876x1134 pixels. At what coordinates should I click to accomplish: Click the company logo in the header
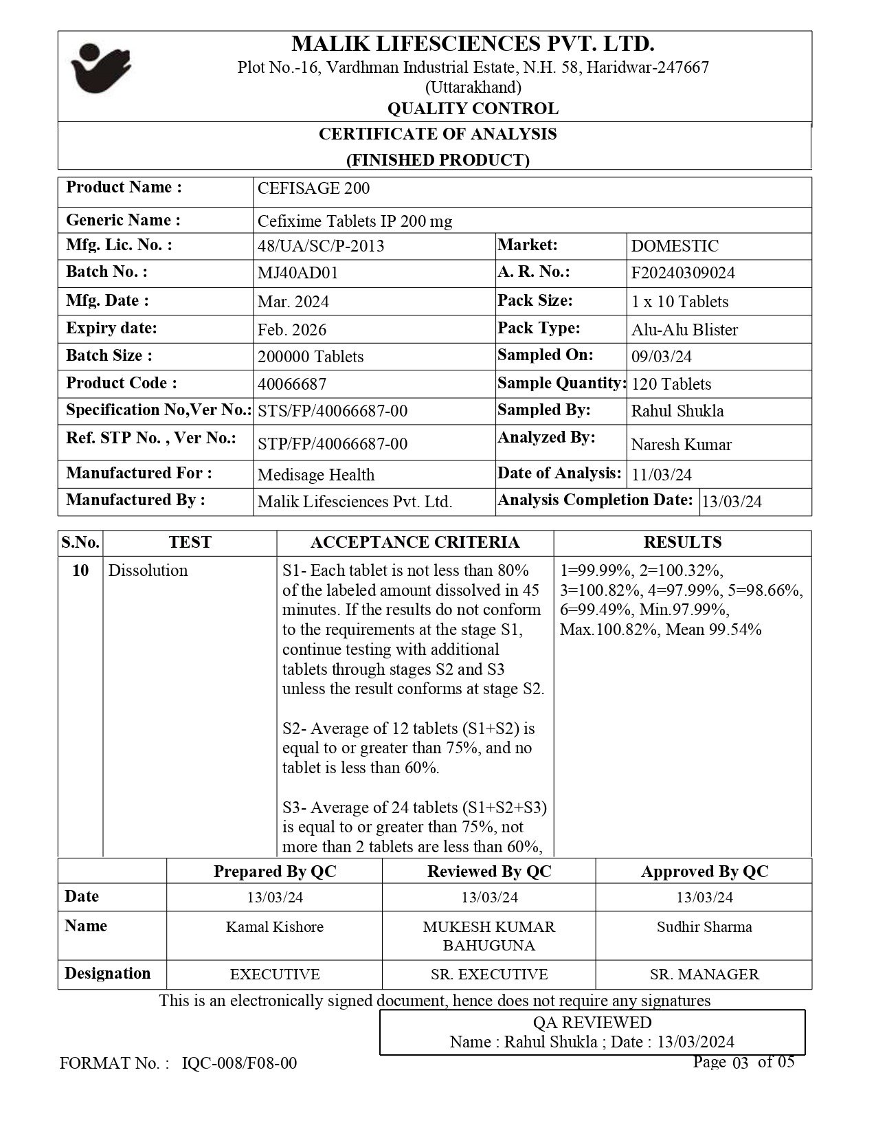(x=101, y=68)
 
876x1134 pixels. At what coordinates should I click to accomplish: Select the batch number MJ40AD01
(x=297, y=273)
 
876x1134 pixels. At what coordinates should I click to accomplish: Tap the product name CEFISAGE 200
(x=313, y=188)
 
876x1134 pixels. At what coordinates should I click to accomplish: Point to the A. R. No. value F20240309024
(x=683, y=273)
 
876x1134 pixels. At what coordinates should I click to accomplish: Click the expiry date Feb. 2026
(x=292, y=329)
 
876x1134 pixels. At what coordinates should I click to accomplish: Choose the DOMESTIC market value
(x=675, y=246)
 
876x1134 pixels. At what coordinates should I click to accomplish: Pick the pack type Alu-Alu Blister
(x=684, y=329)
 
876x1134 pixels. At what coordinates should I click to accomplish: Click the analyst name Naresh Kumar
(x=681, y=445)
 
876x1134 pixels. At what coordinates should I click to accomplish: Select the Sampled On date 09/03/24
(x=662, y=356)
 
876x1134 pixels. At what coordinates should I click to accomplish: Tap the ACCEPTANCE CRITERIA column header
(x=415, y=542)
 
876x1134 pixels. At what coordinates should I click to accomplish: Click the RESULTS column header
(x=682, y=542)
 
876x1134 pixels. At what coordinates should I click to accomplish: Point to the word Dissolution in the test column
(x=148, y=570)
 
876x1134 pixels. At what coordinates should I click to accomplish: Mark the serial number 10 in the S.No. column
(x=80, y=570)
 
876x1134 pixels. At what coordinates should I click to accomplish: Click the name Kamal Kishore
(x=275, y=926)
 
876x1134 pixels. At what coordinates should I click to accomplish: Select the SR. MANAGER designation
(x=704, y=974)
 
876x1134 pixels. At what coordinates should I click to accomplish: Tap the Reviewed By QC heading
(x=489, y=871)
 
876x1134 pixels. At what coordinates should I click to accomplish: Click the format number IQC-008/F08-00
(x=239, y=1063)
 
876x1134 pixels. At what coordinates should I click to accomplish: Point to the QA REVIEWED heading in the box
(x=592, y=1022)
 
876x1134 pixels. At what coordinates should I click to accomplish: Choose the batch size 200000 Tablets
(x=311, y=357)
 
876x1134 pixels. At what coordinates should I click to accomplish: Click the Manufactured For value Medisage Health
(x=316, y=475)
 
